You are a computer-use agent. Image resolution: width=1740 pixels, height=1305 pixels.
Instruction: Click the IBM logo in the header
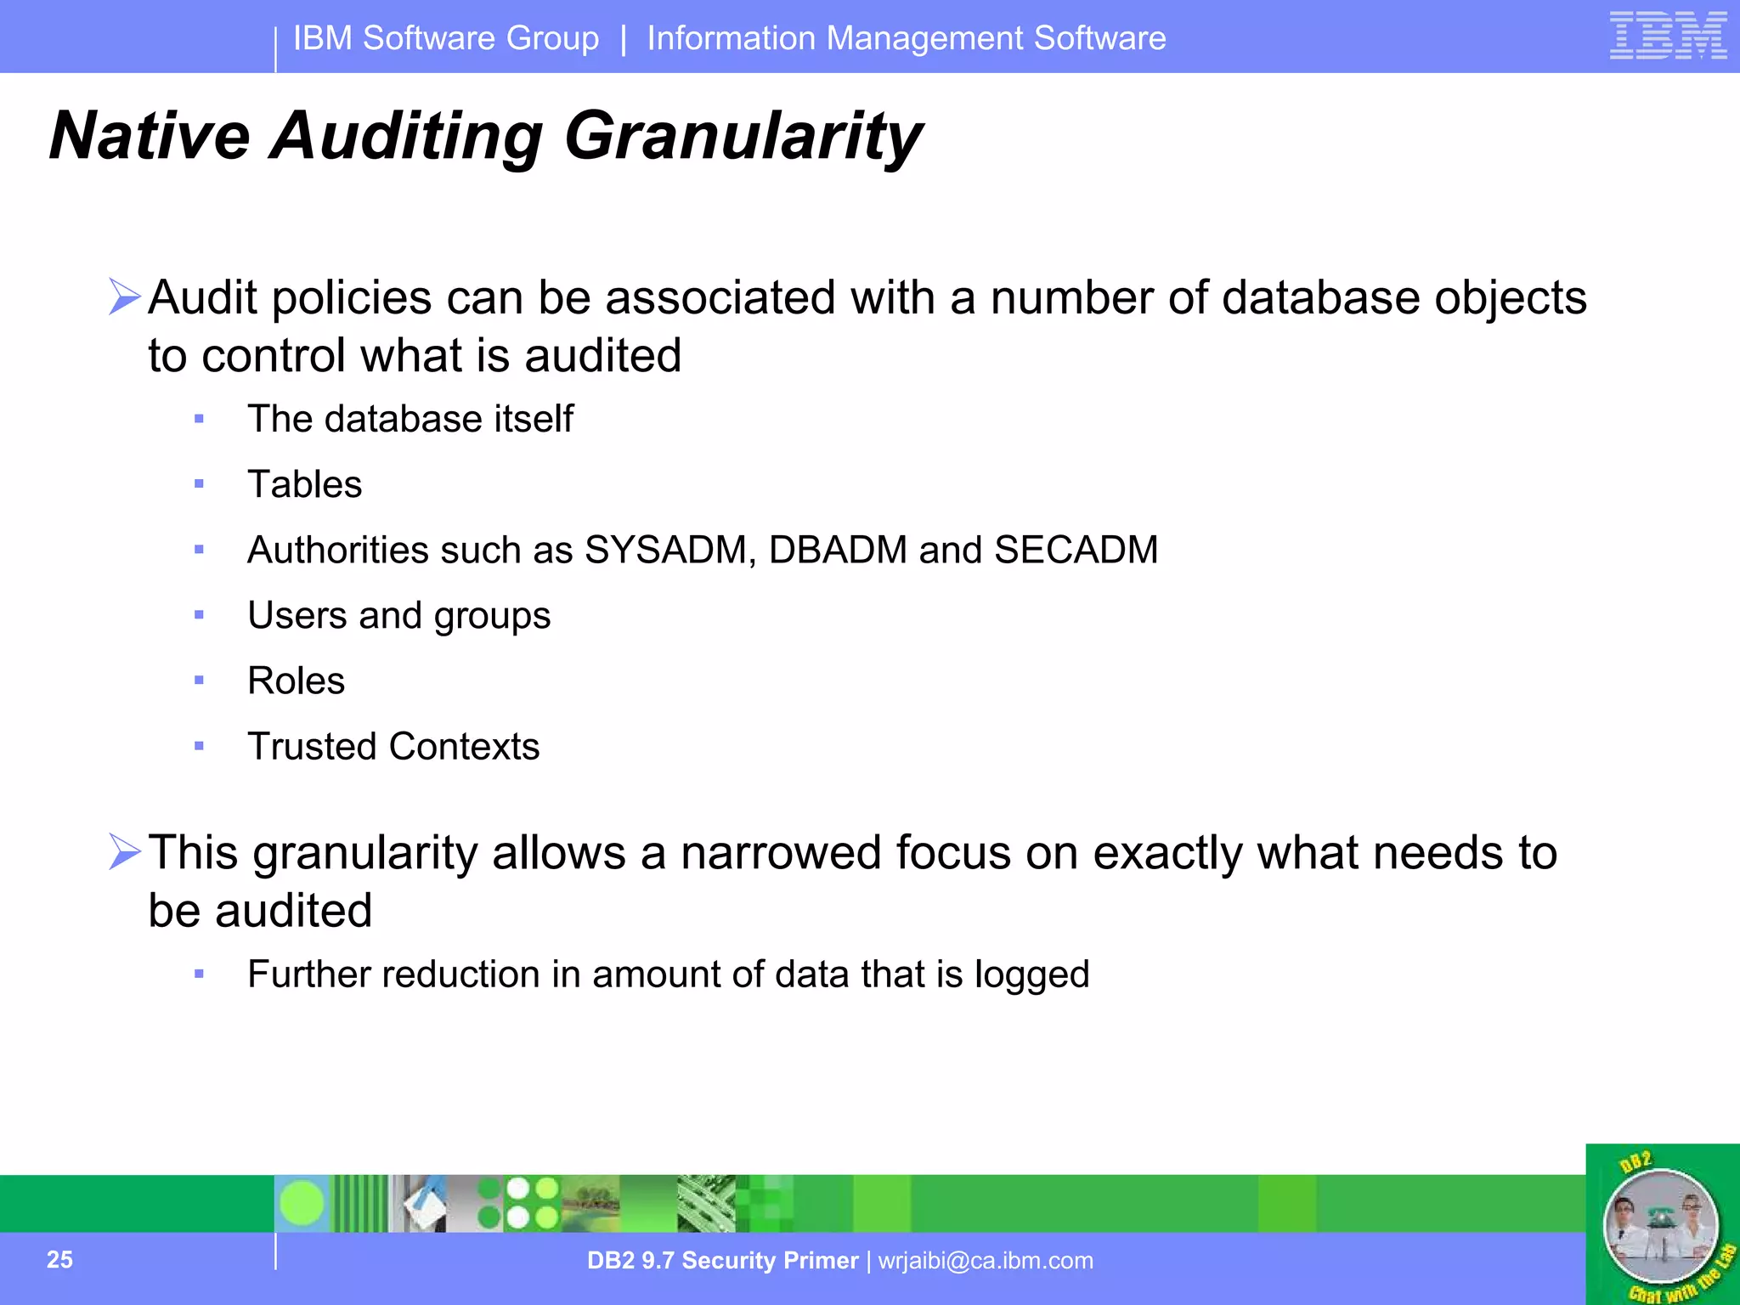point(1667,36)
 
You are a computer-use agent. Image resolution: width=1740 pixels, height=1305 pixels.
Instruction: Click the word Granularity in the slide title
point(743,136)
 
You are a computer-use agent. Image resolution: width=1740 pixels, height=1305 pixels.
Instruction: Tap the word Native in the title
point(150,136)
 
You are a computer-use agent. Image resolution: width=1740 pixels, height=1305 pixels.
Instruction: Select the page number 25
point(59,1259)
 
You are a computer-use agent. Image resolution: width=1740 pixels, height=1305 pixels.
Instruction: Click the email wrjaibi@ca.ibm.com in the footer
point(986,1260)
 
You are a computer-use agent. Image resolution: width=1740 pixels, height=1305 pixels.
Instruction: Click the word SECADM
point(1076,550)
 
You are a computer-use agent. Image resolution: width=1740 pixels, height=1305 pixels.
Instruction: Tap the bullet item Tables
point(304,484)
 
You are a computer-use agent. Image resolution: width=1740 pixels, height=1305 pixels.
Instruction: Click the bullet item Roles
point(296,681)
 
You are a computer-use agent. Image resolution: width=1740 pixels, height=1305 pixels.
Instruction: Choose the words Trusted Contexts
point(393,746)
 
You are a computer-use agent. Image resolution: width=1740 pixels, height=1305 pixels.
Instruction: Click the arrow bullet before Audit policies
point(124,297)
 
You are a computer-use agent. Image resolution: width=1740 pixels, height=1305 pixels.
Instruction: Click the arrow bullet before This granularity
point(124,851)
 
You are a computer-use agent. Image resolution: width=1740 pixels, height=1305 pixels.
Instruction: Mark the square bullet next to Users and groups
point(199,615)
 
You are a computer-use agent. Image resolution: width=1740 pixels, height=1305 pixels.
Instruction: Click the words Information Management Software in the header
point(906,38)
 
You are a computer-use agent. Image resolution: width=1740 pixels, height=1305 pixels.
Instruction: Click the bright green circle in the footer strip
point(302,1203)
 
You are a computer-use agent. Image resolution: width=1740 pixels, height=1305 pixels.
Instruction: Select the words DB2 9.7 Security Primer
point(722,1260)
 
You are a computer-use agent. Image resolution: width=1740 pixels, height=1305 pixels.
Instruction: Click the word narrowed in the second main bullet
point(780,852)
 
